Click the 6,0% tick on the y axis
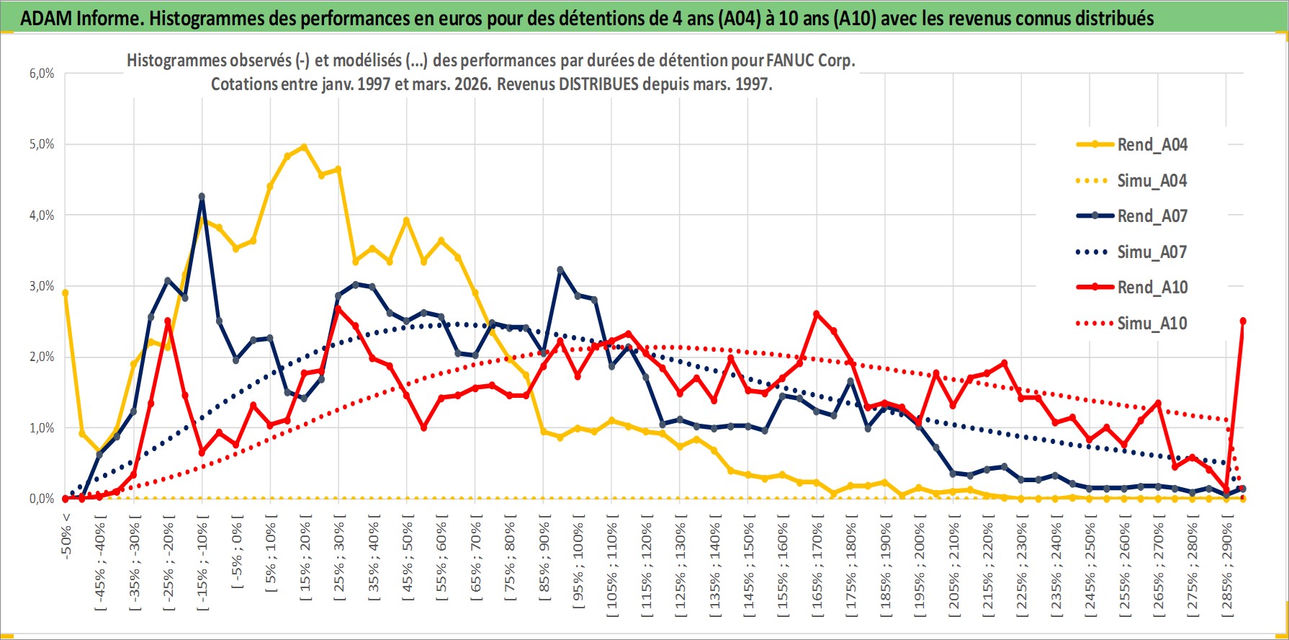[x=42, y=74]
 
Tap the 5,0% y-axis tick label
[x=42, y=144]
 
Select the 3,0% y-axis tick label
[x=42, y=286]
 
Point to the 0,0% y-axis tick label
[x=42, y=499]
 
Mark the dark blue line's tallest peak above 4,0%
[x=202, y=196]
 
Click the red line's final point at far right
[x=1243, y=321]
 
